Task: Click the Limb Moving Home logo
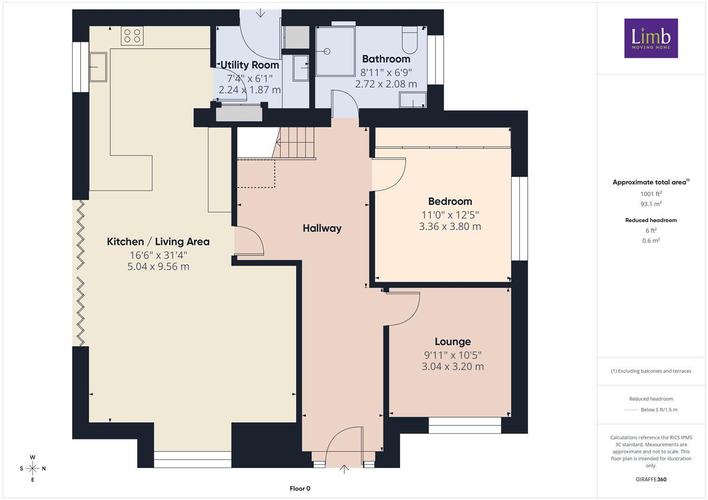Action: [651, 38]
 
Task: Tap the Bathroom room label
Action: [386, 59]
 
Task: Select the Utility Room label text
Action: [249, 65]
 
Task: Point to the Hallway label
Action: [322, 228]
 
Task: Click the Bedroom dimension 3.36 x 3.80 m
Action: [450, 226]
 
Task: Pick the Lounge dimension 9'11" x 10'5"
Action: [453, 355]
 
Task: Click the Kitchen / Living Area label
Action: [158, 242]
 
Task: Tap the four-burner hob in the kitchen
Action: [132, 36]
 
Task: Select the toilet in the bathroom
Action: [410, 40]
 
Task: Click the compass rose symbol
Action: [32, 469]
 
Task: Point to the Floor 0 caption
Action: [300, 488]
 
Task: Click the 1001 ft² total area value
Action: [651, 194]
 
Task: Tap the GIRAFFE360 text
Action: [651, 479]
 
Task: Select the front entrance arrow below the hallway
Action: [344, 469]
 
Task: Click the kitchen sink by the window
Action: [98, 67]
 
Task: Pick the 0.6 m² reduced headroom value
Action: [651, 241]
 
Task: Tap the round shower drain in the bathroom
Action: [327, 51]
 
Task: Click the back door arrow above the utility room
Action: [260, 13]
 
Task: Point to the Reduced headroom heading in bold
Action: [651, 220]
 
